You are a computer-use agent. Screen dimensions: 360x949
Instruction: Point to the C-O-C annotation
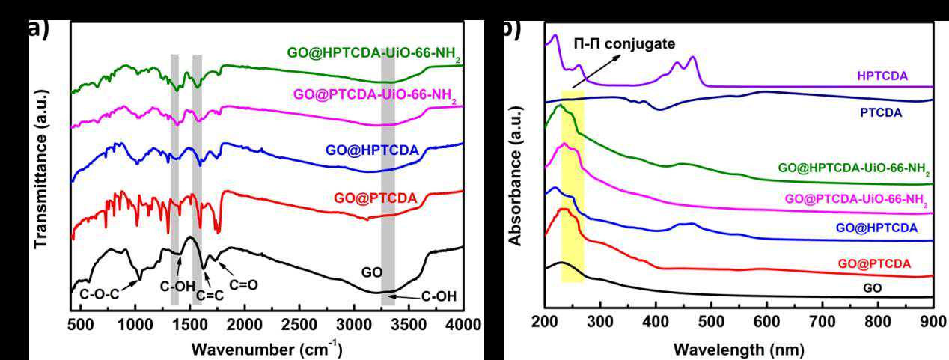(100, 294)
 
